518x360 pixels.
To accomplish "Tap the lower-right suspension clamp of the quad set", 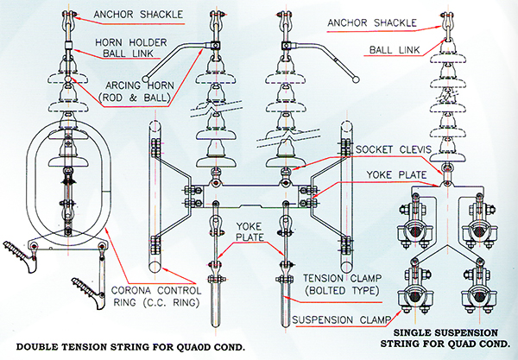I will point(472,301).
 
